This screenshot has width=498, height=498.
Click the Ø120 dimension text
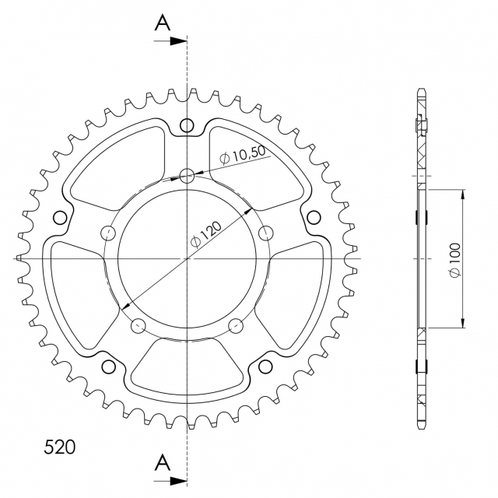pyautogui.click(x=205, y=234)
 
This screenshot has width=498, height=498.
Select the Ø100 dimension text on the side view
pyautogui.click(x=454, y=260)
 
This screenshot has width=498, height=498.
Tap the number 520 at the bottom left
pyautogui.click(x=59, y=447)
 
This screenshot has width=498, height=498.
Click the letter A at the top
pyautogui.click(x=163, y=23)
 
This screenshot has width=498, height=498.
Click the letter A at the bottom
pyautogui.click(x=163, y=462)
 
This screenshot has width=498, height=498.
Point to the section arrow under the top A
pyautogui.click(x=170, y=41)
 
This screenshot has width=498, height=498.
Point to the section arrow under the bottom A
pyautogui.click(x=170, y=481)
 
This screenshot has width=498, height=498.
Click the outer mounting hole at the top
pyautogui.click(x=187, y=124)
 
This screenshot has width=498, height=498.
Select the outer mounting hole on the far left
pyautogui.click(x=60, y=218)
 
